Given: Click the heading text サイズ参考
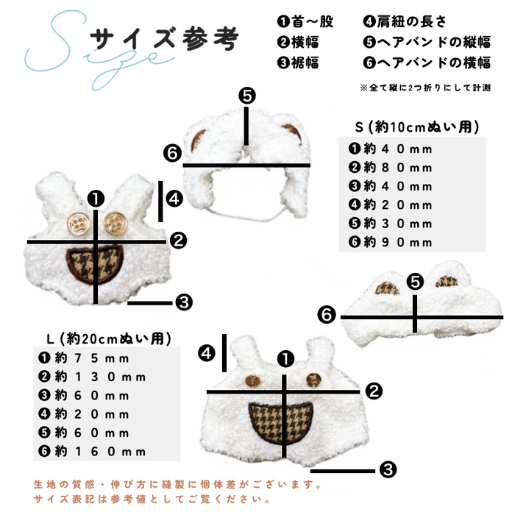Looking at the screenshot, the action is coord(164,39).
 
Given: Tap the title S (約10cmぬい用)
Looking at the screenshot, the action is coord(417,127).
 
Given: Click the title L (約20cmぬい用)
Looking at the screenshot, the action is coord(109,338).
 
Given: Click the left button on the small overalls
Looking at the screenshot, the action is coord(78,224).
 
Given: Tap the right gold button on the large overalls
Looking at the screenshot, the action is coord(313,380).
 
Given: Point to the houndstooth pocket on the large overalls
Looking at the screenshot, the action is coord(280,423).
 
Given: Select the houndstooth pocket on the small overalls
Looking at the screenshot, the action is coord(95,265).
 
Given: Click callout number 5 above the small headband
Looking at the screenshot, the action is coord(247,96).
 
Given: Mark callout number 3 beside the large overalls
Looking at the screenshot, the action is coord(388,469).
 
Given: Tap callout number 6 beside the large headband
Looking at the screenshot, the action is coord(327,315).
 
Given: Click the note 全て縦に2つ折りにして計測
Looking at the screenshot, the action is coord(425,88).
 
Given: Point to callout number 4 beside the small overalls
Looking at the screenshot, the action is coord(174,199).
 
